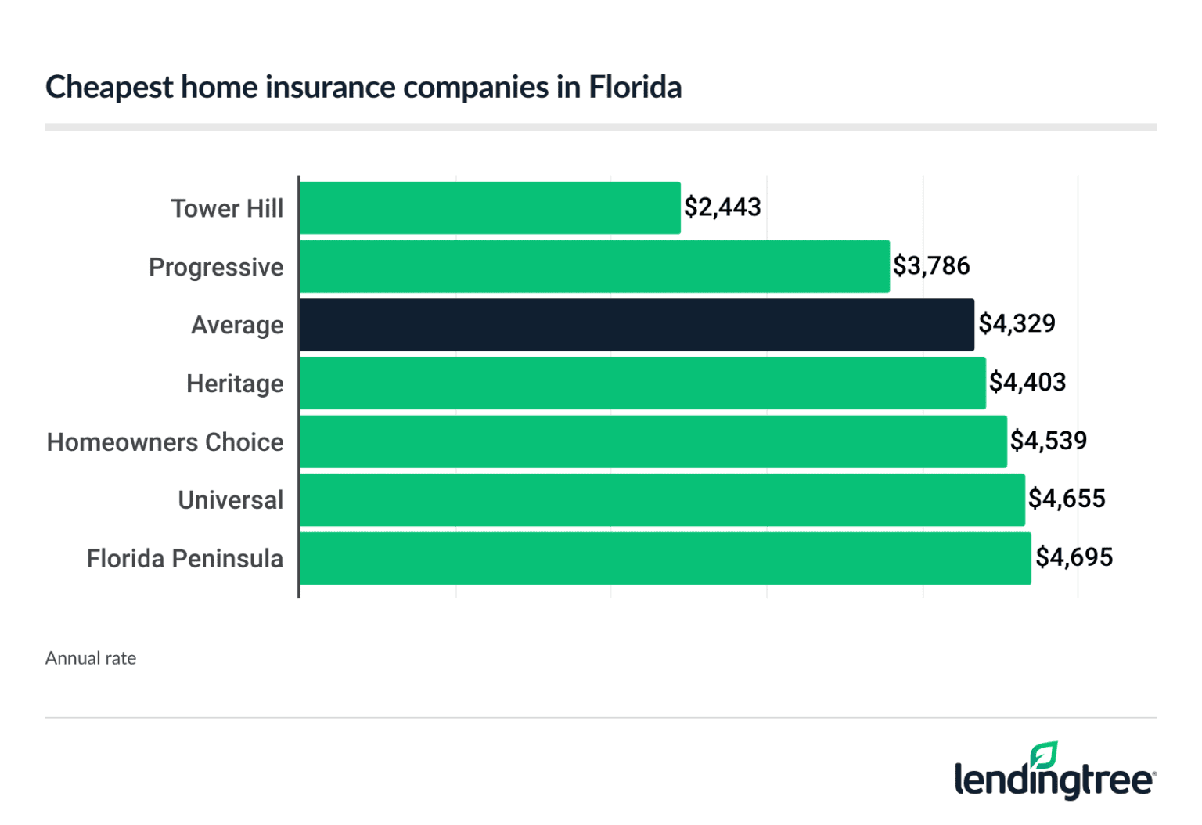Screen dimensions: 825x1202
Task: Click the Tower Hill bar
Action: [x=490, y=208]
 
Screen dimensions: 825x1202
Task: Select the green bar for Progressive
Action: [x=595, y=267]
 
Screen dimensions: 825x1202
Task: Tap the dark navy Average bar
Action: [x=637, y=325]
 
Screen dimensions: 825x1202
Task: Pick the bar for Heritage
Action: [x=642, y=384]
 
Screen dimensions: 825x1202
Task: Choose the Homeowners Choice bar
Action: [x=653, y=441]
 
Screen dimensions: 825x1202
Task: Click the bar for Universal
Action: [x=662, y=500]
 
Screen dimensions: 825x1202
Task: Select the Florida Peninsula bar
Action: [x=665, y=558]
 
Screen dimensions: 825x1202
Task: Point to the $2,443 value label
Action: [x=722, y=207]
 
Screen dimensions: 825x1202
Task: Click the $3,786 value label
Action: [x=931, y=266]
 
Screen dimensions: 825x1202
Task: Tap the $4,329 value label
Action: [x=1017, y=324]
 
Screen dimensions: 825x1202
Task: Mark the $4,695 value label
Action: [x=1074, y=557]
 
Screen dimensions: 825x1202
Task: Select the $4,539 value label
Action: [x=1049, y=441]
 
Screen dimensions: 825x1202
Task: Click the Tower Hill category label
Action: [x=227, y=209]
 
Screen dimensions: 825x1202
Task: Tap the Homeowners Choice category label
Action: [x=165, y=442]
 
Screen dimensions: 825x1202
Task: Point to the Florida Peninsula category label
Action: [x=185, y=559]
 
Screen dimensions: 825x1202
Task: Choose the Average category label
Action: [x=237, y=326]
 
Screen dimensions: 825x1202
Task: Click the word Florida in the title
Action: [x=635, y=87]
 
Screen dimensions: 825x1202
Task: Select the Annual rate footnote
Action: [x=91, y=658]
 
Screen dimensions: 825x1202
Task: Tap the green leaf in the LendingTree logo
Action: [x=1044, y=756]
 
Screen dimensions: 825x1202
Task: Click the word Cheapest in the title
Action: [x=109, y=87]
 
